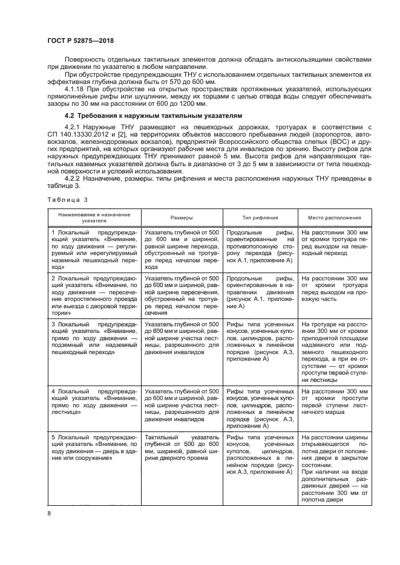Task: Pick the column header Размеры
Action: pyautogui.click(x=182, y=218)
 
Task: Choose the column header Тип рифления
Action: pyautogui.click(x=260, y=218)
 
